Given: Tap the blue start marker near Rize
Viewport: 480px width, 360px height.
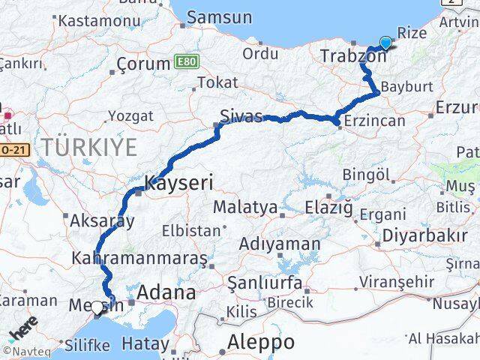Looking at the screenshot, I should tap(385, 43).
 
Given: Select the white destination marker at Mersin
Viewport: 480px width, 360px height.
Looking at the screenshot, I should tap(96, 306).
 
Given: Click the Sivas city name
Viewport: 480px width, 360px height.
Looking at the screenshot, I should tap(241, 116).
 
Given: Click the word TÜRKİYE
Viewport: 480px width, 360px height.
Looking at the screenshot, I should tap(89, 148).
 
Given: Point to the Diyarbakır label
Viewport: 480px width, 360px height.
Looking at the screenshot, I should tap(424, 235).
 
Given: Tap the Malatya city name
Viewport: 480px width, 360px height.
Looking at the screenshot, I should tap(244, 206).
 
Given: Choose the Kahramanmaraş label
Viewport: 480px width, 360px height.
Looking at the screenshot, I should tap(139, 258).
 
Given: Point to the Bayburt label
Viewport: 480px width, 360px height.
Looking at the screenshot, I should tap(406, 87).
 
